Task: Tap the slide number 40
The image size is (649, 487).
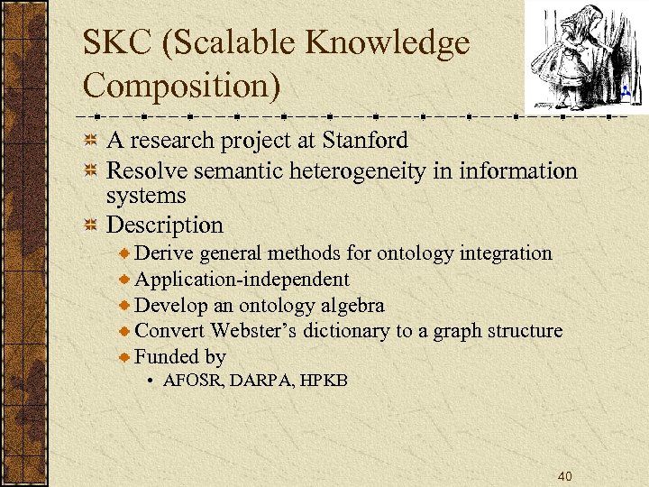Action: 565,476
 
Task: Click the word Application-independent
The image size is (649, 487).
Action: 242,280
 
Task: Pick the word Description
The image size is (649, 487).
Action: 165,224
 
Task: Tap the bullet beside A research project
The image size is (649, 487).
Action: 90,142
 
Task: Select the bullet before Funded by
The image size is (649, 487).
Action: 126,358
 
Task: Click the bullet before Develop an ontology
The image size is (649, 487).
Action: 126,307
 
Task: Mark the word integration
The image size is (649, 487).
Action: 506,253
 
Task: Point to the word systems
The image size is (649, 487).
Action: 146,196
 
